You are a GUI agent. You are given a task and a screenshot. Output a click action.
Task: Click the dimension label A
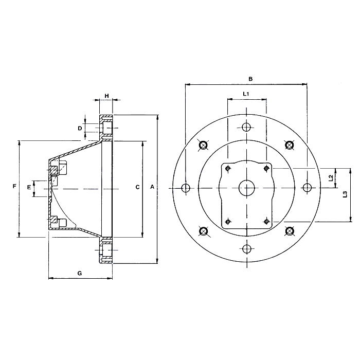coord(152,187)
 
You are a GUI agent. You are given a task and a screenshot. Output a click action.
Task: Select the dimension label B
coord(250,79)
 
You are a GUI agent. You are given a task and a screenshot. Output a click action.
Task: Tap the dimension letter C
coord(137,187)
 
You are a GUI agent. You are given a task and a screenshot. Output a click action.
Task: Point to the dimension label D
coord(80,129)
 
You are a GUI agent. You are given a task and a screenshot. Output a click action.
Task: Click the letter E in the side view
coord(29,188)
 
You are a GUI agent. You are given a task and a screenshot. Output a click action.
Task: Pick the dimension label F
coord(14,186)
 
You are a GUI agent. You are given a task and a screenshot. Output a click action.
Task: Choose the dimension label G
coord(79,273)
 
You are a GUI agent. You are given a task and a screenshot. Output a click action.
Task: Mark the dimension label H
coord(106,96)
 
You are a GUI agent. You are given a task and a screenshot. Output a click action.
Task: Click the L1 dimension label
coord(246,94)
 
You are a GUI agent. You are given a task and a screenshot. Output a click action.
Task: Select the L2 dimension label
coord(331,178)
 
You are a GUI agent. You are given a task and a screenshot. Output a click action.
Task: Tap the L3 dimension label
coord(345,194)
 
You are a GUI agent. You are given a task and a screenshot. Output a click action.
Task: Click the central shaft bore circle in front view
coord(247,188)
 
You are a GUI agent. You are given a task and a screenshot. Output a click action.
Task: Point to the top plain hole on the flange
coord(246,127)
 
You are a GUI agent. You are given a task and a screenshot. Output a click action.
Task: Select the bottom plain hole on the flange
coord(247,248)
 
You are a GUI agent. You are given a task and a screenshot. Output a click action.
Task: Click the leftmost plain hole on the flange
coord(186,188)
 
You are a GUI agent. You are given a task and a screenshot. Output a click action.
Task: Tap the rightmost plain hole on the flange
coord(307,188)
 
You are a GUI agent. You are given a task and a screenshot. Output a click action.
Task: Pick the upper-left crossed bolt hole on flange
coord(203,145)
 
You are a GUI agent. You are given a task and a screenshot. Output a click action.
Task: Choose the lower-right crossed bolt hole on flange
coord(290,231)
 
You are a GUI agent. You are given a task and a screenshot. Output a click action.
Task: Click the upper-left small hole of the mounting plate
coord(228,169)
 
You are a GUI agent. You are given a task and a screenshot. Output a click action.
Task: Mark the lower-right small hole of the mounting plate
coord(266,222)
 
